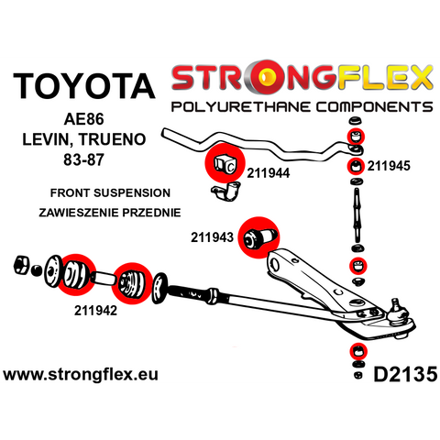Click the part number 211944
[x=269, y=173]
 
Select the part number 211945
[x=389, y=166]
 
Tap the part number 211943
[x=212, y=237]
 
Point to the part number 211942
[x=95, y=311]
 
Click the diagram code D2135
[x=405, y=374]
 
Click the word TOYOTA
[x=84, y=86]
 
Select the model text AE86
[x=83, y=119]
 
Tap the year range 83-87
[x=83, y=159]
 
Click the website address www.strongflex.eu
[x=81, y=374]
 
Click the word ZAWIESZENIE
[x=79, y=213]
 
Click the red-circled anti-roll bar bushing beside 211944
[x=225, y=163]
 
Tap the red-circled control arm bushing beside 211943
[x=259, y=237]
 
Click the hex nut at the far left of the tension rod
[x=22, y=265]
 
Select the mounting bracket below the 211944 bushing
[x=226, y=192]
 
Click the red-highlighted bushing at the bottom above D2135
[x=357, y=351]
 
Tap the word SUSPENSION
[x=132, y=192]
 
